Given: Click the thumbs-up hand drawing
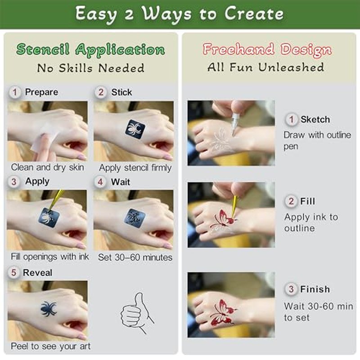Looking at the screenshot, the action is pyautogui.click(x=137, y=312).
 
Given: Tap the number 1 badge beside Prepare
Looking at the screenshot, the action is pyautogui.click(x=15, y=92).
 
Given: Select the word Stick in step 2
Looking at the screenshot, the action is pyautogui.click(x=121, y=92).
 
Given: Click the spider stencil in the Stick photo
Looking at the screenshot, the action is pyautogui.click(x=135, y=129).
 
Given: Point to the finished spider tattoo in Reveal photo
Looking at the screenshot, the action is pyautogui.click(x=49, y=309).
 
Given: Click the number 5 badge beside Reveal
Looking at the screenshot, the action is pyautogui.click(x=14, y=273).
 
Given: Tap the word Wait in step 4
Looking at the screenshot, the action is pyautogui.click(x=120, y=182).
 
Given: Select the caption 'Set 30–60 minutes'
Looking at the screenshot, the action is pyautogui.click(x=135, y=257).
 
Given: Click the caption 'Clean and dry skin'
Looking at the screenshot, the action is pyautogui.click(x=47, y=167).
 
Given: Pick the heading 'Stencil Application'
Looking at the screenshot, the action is pyautogui.click(x=91, y=49).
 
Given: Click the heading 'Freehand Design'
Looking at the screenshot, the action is pyautogui.click(x=267, y=49).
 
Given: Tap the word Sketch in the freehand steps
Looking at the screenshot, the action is pyautogui.click(x=315, y=119).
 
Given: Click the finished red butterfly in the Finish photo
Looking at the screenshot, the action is pyautogui.click(x=223, y=312).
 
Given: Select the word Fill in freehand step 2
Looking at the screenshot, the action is pyautogui.click(x=308, y=201).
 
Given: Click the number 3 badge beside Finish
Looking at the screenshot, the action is pyautogui.click(x=291, y=289).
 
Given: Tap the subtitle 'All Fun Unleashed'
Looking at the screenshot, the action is pyautogui.click(x=265, y=67).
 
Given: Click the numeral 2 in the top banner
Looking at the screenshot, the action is pyautogui.click(x=129, y=15).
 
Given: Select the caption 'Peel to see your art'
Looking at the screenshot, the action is pyautogui.click(x=51, y=346).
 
